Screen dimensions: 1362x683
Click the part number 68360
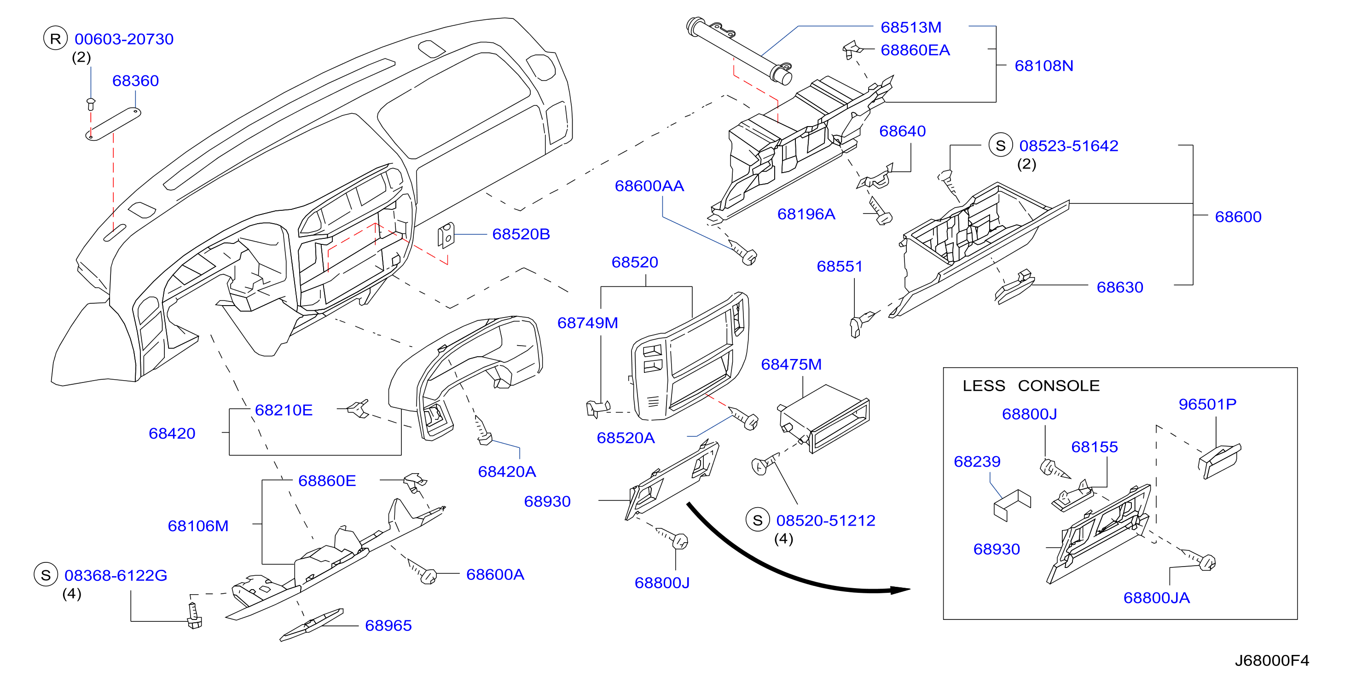(x=135, y=81)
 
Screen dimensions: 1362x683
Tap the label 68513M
(x=910, y=27)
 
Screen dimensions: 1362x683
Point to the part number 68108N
(x=1043, y=65)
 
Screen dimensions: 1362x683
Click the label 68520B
(x=521, y=234)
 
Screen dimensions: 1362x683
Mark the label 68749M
(x=587, y=323)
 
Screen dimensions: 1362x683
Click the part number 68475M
(x=791, y=364)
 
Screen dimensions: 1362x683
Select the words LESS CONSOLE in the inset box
(x=1031, y=385)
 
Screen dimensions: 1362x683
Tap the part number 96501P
(x=1207, y=404)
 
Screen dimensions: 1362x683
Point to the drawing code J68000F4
(x=1272, y=660)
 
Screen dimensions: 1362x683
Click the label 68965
(x=388, y=625)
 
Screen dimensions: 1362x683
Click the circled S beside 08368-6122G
(x=46, y=575)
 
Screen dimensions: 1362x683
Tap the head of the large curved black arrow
(x=901, y=590)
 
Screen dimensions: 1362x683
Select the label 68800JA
(x=1156, y=597)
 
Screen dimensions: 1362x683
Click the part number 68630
(x=1119, y=287)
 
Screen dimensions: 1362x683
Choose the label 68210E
(x=284, y=410)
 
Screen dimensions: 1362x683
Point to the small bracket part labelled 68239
(x=1012, y=505)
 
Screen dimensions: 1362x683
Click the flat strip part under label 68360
(x=113, y=124)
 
